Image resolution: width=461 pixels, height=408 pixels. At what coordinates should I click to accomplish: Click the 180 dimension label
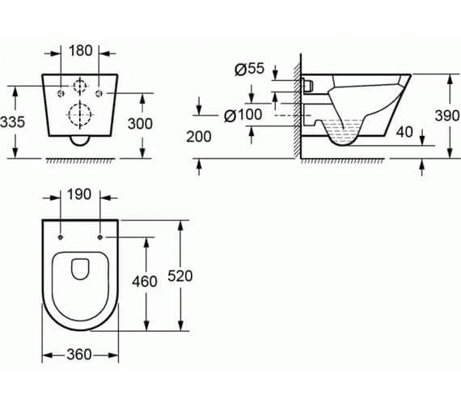tap(81, 51)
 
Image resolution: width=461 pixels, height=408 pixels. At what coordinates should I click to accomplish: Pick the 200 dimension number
tap(198, 137)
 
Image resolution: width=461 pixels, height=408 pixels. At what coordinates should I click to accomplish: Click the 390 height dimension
tap(447, 116)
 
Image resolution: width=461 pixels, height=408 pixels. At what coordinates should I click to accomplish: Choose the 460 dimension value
tap(145, 281)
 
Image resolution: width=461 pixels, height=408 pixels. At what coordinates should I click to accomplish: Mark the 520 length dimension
tap(180, 276)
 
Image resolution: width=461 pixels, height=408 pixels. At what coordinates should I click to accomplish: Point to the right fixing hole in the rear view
tap(99, 94)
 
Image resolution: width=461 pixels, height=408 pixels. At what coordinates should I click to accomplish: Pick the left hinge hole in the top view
tap(62, 237)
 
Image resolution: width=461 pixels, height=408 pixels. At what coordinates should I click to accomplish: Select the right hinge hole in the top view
tap(99, 237)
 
